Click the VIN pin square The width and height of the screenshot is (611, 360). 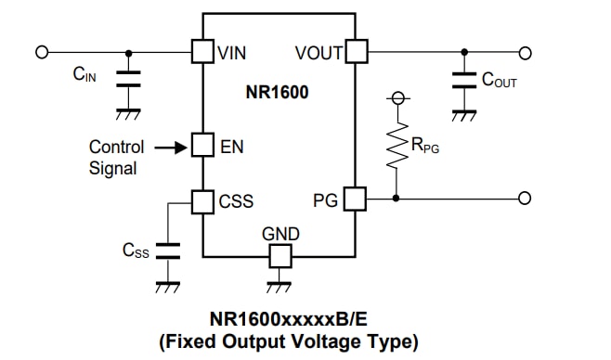(202, 51)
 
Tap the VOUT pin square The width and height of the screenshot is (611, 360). (357, 51)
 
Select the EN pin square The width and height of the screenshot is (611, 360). (202, 146)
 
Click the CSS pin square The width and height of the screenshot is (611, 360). (202, 199)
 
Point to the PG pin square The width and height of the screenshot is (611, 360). (356, 199)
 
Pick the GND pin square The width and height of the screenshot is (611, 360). (279, 254)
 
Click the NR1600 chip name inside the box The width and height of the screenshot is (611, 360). (278, 93)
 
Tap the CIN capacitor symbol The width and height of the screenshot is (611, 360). (128, 80)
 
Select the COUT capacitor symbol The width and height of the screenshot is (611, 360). (461, 80)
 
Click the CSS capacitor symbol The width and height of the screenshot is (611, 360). (168, 250)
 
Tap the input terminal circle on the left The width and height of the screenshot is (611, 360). (42, 52)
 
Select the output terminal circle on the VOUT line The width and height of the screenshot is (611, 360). (525, 52)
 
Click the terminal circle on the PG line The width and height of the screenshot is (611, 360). (525, 199)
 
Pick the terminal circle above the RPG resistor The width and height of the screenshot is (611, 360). (397, 97)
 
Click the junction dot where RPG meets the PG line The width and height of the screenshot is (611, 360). (397, 199)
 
